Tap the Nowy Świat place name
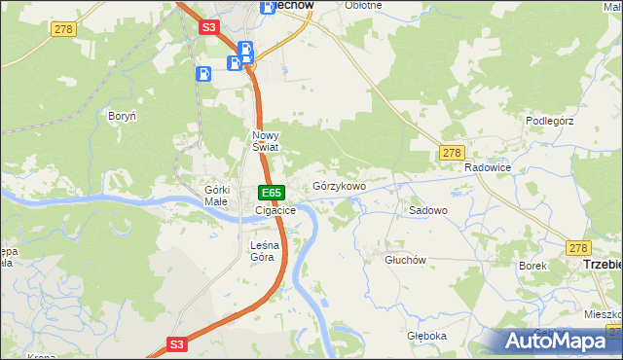click(x=266, y=141)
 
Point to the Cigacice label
click(x=275, y=210)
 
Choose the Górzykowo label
click(x=339, y=186)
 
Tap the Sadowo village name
click(x=427, y=210)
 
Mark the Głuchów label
click(x=406, y=260)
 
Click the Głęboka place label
click(x=426, y=336)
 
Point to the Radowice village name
click(x=488, y=168)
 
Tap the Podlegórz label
click(x=551, y=121)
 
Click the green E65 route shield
click(x=271, y=193)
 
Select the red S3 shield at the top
click(x=209, y=28)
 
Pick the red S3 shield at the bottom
click(x=176, y=343)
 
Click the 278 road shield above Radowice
click(x=451, y=153)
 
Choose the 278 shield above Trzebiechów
click(x=579, y=248)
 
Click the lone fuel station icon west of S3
click(x=203, y=73)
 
